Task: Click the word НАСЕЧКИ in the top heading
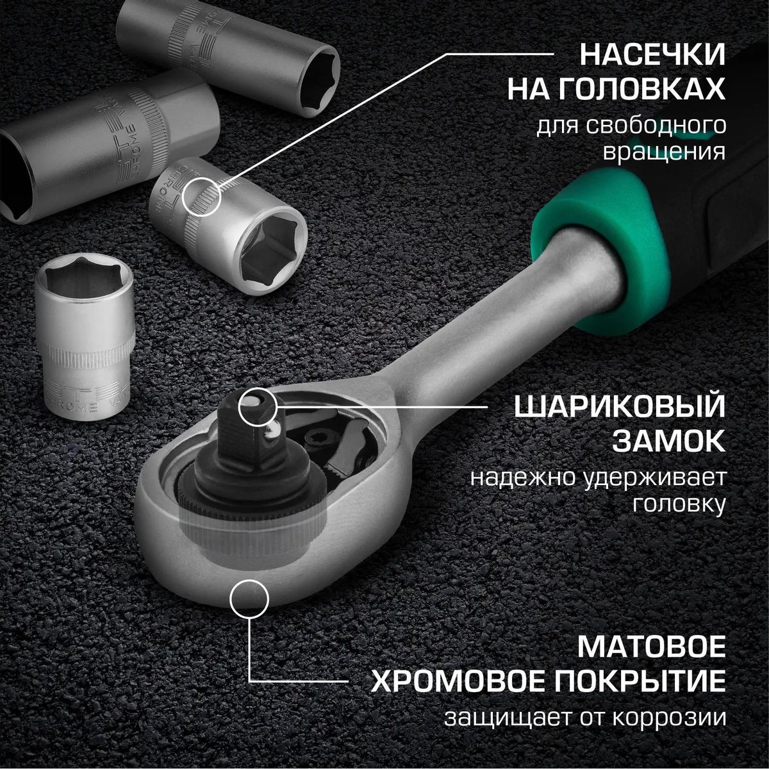click(x=652, y=55)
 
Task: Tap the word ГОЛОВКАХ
click(x=641, y=90)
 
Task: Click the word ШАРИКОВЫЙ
click(x=620, y=408)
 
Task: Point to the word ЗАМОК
click(x=670, y=442)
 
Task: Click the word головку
click(x=679, y=504)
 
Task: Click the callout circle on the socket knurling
click(x=202, y=197)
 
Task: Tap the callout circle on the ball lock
click(x=258, y=406)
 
